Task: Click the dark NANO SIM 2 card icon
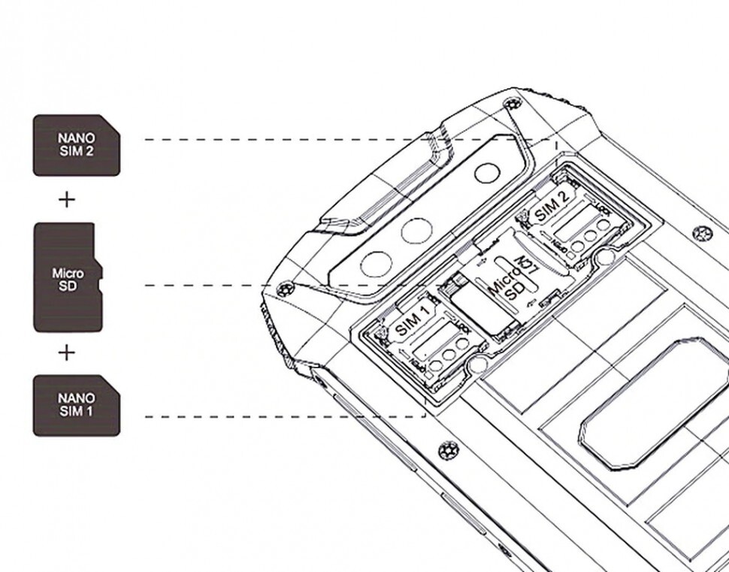click(77, 144)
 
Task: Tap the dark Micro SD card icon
click(68, 277)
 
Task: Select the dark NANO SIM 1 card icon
click(77, 406)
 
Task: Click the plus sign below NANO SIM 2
click(67, 199)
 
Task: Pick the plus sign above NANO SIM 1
click(67, 352)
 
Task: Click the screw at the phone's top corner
click(513, 102)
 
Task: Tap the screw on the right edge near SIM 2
click(702, 233)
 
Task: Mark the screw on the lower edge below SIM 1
click(446, 450)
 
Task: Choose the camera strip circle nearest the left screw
click(374, 263)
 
